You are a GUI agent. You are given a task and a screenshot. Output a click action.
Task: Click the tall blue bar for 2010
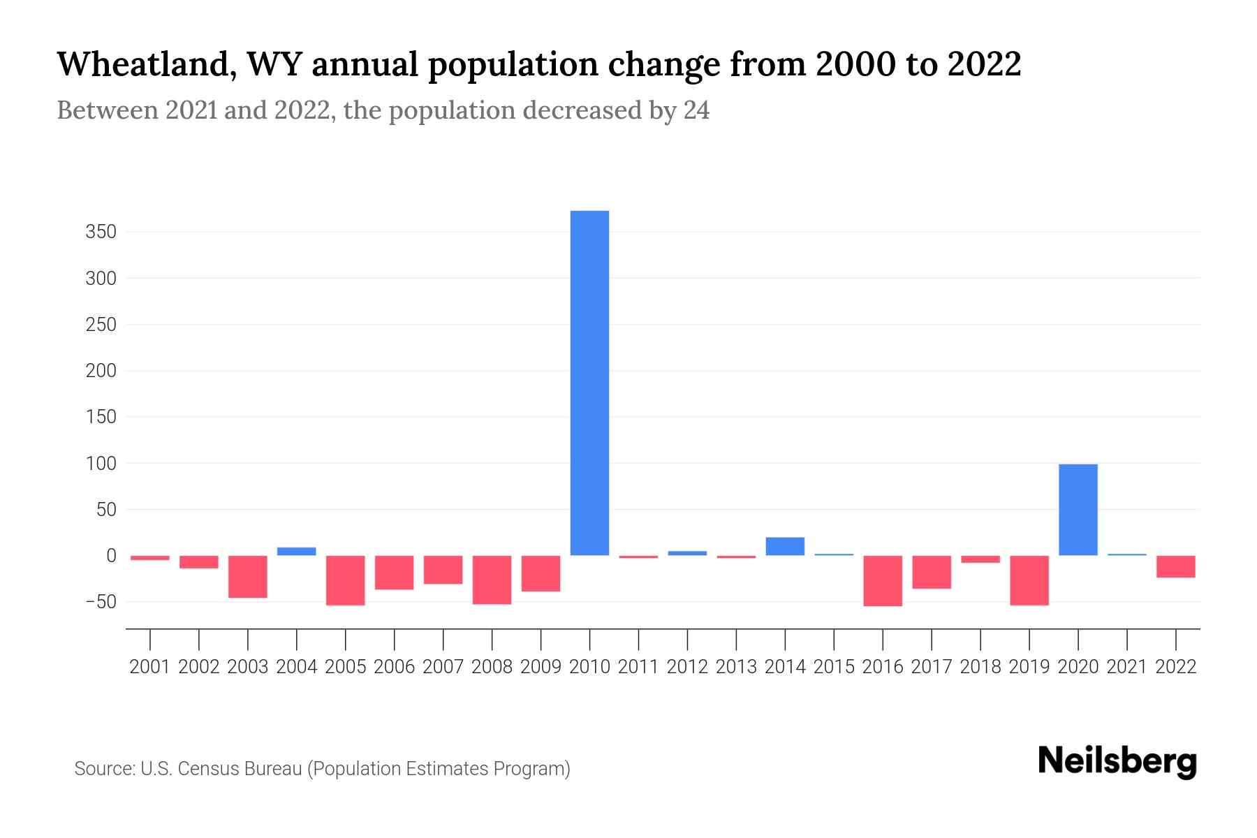(589, 383)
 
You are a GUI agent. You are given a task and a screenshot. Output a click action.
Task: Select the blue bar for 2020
(1078, 510)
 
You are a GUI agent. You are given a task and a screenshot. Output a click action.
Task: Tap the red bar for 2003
(248, 577)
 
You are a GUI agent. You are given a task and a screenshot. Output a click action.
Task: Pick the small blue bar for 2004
(297, 551)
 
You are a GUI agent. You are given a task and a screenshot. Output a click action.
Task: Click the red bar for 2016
(883, 580)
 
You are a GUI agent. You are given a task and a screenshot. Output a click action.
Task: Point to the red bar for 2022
(1175, 566)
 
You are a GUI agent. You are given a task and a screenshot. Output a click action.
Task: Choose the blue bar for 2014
(785, 546)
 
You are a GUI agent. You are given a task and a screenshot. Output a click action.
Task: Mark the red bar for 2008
(492, 580)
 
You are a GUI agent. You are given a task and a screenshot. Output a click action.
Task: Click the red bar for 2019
(1029, 580)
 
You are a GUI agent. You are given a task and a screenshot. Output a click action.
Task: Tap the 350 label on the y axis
(101, 232)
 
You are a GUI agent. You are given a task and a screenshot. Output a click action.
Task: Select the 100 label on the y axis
(101, 464)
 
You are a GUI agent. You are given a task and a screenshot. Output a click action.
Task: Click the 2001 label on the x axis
(150, 667)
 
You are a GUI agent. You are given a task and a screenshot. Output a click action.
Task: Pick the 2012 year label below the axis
(687, 667)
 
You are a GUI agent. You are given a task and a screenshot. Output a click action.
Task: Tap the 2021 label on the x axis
(1126, 667)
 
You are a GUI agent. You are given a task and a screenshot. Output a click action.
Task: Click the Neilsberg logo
(1117, 761)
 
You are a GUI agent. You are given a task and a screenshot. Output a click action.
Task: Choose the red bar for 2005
(346, 580)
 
